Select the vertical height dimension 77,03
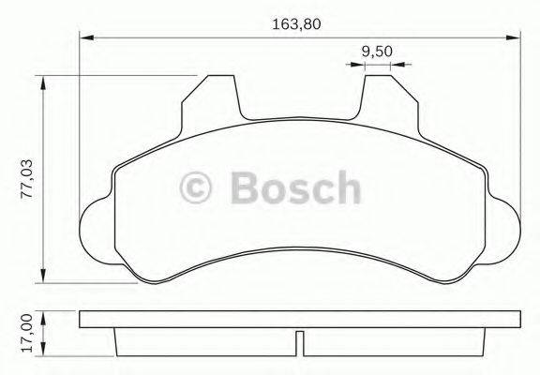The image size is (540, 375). [x=27, y=177]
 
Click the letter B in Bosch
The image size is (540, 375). [x=241, y=187]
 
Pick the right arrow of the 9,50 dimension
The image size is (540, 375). [x=398, y=65]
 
